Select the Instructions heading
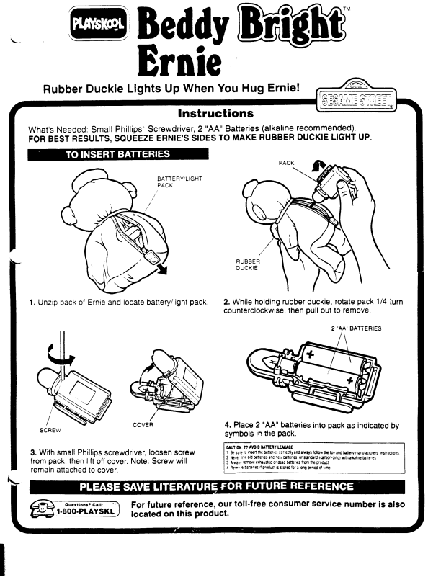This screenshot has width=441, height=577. point(215,114)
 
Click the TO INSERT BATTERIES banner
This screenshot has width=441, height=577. point(117,153)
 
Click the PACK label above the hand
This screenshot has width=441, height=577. point(286,164)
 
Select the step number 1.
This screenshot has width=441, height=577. point(32,302)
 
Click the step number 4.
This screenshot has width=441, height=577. point(228,424)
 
